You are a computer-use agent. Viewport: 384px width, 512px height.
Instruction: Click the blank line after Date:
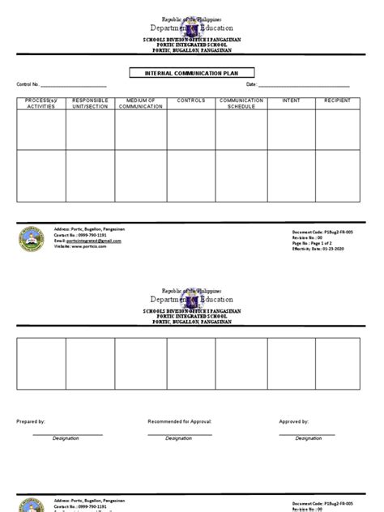click(x=304, y=86)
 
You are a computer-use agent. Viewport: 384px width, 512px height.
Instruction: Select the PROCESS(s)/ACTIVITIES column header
click(x=41, y=104)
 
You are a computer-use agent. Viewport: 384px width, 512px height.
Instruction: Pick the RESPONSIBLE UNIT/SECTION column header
click(x=90, y=104)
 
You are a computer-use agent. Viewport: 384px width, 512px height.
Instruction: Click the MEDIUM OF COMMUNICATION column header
click(x=141, y=104)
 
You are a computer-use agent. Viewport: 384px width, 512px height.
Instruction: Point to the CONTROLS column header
click(x=191, y=101)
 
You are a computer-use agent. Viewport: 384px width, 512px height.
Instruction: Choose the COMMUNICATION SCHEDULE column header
click(x=241, y=104)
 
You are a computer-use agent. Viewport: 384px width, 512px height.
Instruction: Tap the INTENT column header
click(x=291, y=101)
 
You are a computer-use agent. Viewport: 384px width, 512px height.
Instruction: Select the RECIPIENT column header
click(x=338, y=101)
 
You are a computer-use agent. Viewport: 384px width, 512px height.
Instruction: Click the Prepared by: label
click(x=31, y=422)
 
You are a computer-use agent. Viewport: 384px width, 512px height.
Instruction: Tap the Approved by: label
click(x=293, y=422)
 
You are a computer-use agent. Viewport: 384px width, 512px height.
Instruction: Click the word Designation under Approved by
click(x=308, y=438)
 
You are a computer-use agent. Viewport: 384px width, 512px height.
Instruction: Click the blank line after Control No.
click(x=74, y=86)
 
